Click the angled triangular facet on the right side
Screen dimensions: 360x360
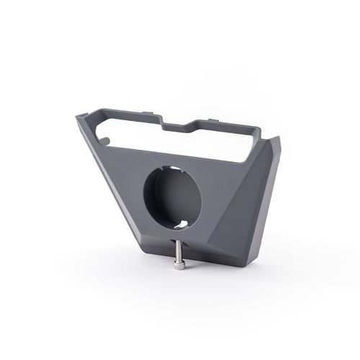(248, 209)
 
